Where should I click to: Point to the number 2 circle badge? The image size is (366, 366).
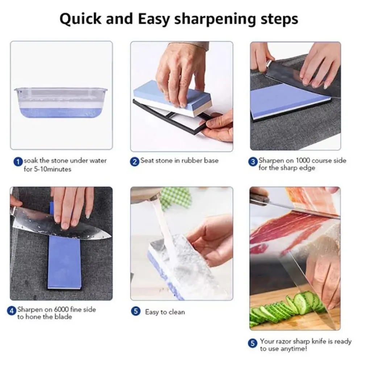[135, 161]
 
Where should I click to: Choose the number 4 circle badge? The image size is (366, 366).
[12, 311]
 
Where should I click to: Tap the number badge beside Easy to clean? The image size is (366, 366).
[136, 311]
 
